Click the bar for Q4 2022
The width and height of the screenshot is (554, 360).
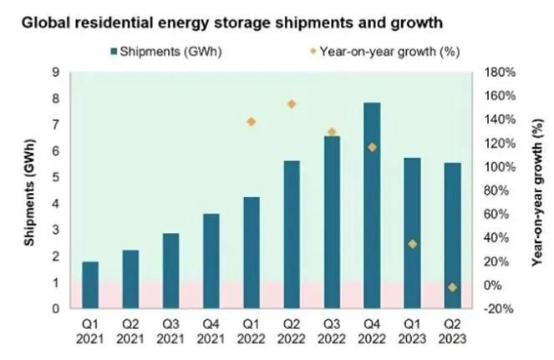pyautogui.click(x=372, y=205)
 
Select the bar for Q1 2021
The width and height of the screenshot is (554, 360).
pyautogui.click(x=90, y=285)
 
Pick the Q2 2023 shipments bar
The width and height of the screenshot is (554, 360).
pyautogui.click(x=453, y=236)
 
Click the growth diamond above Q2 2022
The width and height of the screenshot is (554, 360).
pyautogui.click(x=292, y=104)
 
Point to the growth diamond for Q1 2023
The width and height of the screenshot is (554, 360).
pyautogui.click(x=413, y=244)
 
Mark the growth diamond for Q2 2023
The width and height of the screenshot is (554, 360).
pyautogui.click(x=453, y=287)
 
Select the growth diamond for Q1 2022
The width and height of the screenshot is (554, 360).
pyautogui.click(x=252, y=122)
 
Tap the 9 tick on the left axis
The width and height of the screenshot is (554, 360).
pyautogui.click(x=55, y=73)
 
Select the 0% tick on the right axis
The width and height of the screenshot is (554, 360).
pyautogui.click(x=493, y=286)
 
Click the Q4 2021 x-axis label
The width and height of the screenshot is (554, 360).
pyautogui.click(x=211, y=328)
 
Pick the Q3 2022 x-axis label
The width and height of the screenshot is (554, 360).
pyautogui.click(x=332, y=328)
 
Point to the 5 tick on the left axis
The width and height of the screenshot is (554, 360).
pyautogui.click(x=55, y=178)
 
